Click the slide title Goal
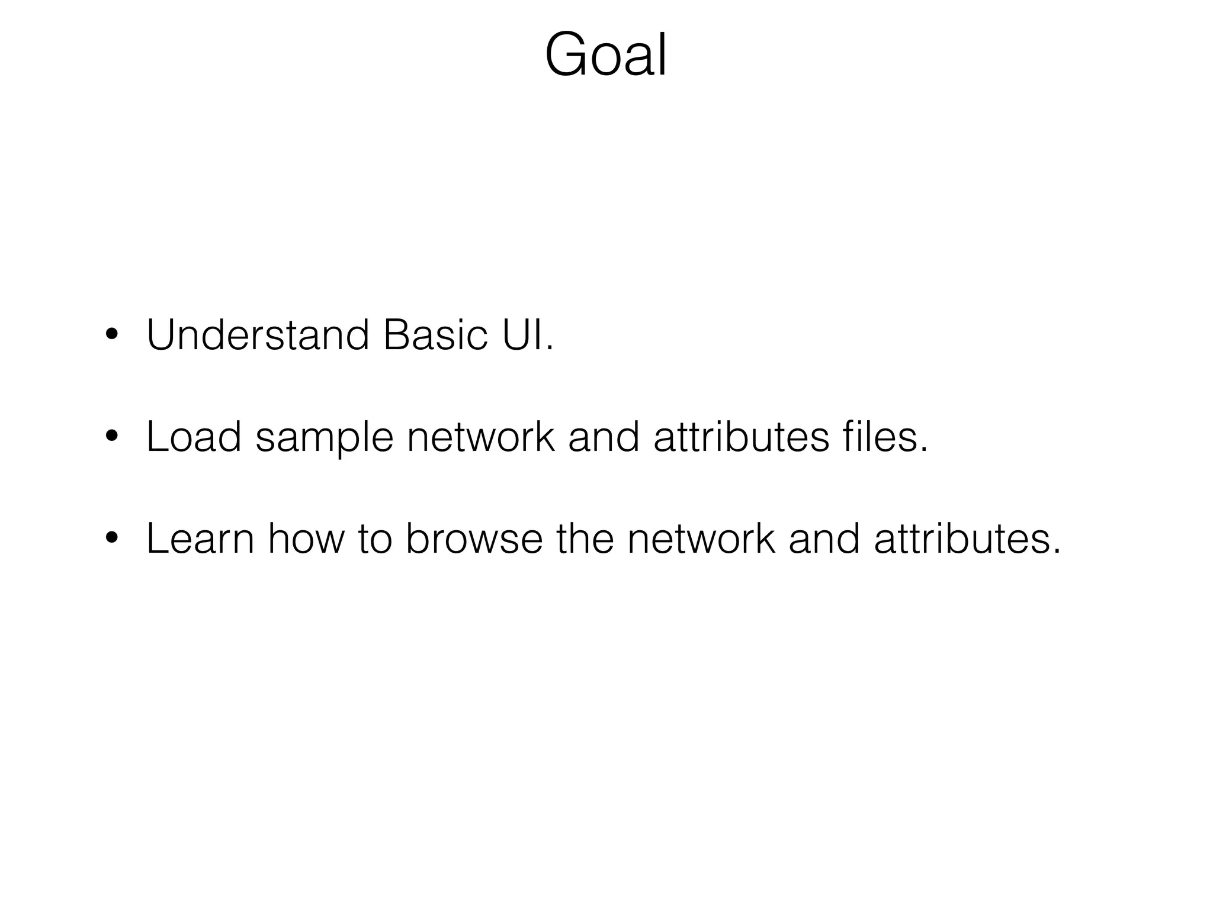coord(606,55)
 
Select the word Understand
coord(258,336)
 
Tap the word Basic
coord(435,336)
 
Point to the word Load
coord(194,437)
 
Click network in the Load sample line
coord(481,437)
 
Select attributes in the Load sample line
coord(741,437)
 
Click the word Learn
coord(200,539)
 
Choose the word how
coord(306,539)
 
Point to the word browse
coord(474,539)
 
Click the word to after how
coord(375,540)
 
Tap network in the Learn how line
coord(701,539)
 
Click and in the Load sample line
coord(604,437)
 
